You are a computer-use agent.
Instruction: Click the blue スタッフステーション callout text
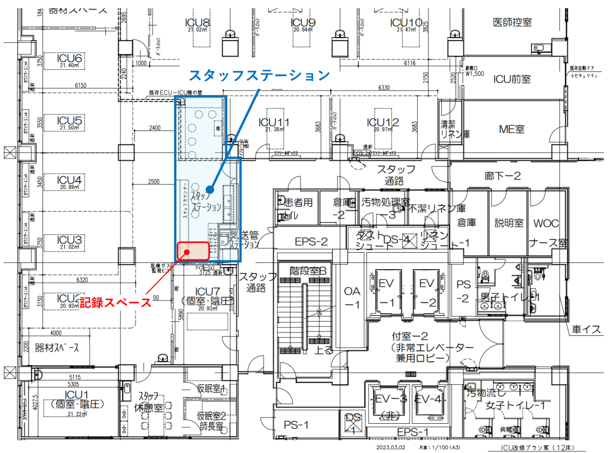coord(259,75)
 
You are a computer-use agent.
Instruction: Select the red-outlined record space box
coord(193,251)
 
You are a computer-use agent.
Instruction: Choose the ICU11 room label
coord(273,123)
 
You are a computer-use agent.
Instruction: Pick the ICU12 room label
coord(383,122)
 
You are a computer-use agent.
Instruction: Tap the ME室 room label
coord(512,129)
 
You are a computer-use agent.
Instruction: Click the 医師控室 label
coord(512,22)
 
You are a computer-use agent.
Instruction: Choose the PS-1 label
coord(296,425)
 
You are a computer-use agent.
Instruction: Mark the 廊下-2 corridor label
coord(502,176)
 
